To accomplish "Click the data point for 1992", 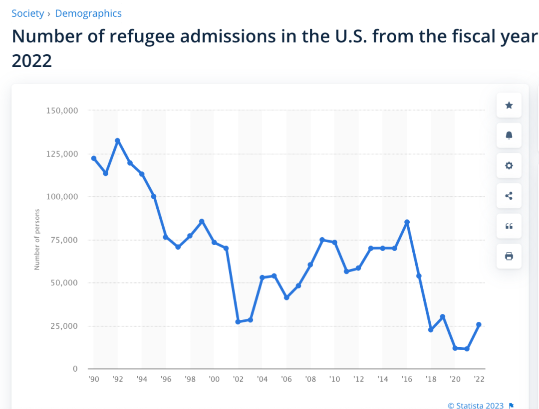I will click(117, 140).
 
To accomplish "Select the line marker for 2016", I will click(407, 222).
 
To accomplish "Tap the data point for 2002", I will click(238, 322).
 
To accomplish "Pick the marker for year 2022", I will click(479, 325).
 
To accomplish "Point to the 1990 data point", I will click(93, 158).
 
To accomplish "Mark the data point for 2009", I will click(322, 240).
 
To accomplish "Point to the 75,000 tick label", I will click(62, 240).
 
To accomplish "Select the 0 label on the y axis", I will click(75, 369).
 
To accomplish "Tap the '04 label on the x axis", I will click(262, 379).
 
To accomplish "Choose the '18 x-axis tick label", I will click(431, 379).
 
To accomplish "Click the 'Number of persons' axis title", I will click(37, 240).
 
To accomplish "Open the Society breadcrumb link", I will click(28, 13).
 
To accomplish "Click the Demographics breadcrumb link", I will click(88, 13).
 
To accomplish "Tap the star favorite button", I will click(509, 105).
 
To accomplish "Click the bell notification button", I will click(509, 136).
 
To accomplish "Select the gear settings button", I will click(509, 166).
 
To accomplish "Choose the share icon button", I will click(509, 196).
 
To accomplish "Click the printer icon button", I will click(509, 257).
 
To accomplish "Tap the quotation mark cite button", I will click(509, 226).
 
